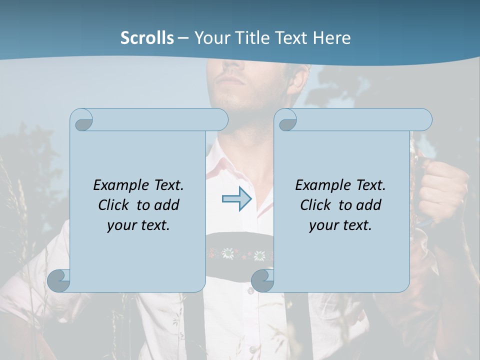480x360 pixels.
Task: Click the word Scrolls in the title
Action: pos(147,38)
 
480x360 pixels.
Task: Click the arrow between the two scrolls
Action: pos(237,199)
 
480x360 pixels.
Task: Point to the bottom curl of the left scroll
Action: pos(59,280)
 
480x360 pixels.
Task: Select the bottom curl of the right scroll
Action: pos(262,280)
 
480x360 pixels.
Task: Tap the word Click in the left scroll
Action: pos(115,205)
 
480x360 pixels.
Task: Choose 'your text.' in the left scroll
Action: pos(138,225)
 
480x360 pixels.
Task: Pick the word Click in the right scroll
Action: pos(316,205)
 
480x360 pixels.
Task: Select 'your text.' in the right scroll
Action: pos(340,225)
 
